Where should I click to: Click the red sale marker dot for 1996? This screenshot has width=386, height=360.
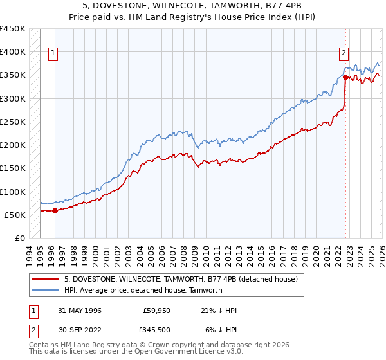pos(55,210)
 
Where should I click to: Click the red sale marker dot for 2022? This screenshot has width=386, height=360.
pos(345,77)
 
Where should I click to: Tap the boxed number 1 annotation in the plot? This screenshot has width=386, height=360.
pos(52,54)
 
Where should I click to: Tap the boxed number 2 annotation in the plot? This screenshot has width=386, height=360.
pos(344,54)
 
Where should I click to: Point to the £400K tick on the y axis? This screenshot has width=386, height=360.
pos(13,52)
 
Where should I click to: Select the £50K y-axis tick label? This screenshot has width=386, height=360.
pos(15,215)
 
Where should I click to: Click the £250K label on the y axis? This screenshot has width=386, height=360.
pos(13,122)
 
